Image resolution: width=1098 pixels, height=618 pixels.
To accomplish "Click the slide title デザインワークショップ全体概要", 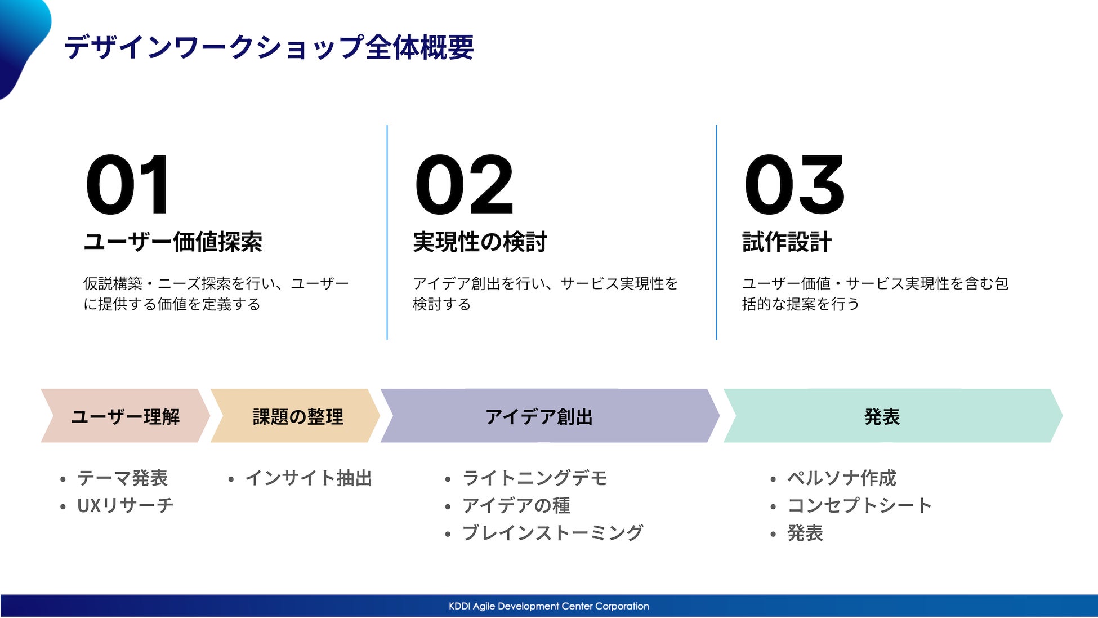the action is [x=269, y=47].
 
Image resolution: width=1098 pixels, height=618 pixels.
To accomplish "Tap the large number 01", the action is [x=127, y=185].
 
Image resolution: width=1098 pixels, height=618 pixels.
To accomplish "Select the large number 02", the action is [x=464, y=185].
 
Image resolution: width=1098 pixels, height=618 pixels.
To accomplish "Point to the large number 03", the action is [x=794, y=185].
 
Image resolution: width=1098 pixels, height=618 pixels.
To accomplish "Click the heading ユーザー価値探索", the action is [x=173, y=242].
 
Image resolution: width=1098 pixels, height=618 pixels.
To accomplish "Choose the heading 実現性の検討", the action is [x=480, y=242].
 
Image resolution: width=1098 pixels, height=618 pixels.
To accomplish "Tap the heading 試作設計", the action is [x=787, y=242].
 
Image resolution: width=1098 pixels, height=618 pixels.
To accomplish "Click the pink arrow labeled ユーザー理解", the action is [x=126, y=416].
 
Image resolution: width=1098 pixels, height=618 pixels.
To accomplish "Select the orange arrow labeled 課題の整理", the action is [x=296, y=416].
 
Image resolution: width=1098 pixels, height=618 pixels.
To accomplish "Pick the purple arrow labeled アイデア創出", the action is [x=550, y=416].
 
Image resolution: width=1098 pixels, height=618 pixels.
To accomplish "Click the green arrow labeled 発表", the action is [x=893, y=416].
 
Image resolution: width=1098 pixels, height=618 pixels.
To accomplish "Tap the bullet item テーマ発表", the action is [x=122, y=478].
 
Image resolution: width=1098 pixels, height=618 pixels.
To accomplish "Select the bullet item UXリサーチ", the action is [x=125, y=505].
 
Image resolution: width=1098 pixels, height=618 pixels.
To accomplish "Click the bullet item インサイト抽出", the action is [x=309, y=478].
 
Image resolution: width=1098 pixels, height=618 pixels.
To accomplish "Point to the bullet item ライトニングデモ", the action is [x=534, y=478].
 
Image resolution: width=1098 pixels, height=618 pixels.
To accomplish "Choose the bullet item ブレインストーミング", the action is [x=552, y=533].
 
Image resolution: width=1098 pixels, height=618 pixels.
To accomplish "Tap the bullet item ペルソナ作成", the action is [x=841, y=478].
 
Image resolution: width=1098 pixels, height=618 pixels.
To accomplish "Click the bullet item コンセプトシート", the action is [x=859, y=505].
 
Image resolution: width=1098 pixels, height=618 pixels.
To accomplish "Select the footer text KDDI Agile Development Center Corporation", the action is [x=549, y=606].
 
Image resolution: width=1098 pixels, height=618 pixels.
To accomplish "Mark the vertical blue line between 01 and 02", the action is [x=387, y=232].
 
